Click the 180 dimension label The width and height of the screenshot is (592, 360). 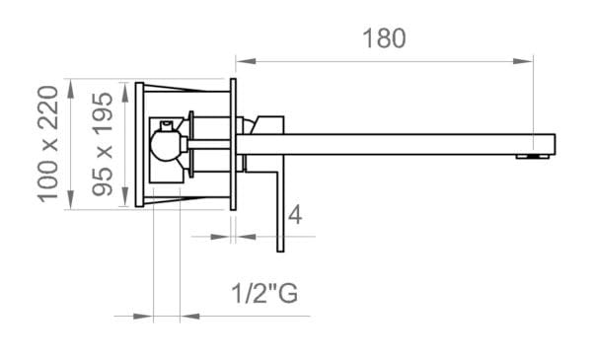[385, 38]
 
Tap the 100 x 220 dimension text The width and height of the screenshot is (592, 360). [48, 144]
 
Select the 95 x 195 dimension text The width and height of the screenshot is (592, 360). [103, 145]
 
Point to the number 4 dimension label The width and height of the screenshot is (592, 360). [295, 215]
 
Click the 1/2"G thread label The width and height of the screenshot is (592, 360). [264, 293]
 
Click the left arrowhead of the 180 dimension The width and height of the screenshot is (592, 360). [246, 61]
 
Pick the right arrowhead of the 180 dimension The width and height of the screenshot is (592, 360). [523, 61]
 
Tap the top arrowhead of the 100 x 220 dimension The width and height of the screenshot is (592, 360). [71, 89]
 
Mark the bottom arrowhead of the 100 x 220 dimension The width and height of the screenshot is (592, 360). [71, 199]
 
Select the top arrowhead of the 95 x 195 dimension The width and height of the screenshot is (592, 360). [125, 92]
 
